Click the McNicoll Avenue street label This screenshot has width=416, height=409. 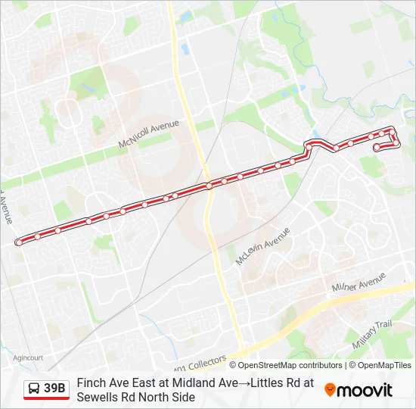(x=148, y=133)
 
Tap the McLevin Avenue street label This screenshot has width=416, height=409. (x=262, y=246)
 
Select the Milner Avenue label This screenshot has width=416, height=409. (x=359, y=286)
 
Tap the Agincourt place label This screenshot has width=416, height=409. (x=28, y=357)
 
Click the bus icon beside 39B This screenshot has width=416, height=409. (x=34, y=389)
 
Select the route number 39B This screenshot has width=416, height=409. (x=54, y=389)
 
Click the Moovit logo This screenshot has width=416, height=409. (x=359, y=390)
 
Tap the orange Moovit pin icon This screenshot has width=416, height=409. (x=330, y=390)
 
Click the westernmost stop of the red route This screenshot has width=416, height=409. (x=18, y=242)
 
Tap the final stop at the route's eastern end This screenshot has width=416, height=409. (x=377, y=147)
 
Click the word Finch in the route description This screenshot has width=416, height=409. (x=92, y=383)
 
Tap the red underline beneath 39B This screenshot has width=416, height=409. (x=46, y=399)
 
